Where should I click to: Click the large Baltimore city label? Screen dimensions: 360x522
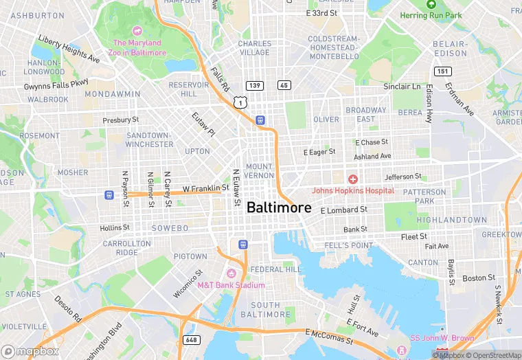(278, 207)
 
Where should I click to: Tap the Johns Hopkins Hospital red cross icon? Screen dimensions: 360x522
(352, 179)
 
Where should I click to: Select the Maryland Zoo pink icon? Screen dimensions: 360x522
(137, 31)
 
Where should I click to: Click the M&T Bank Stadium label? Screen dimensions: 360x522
(231, 285)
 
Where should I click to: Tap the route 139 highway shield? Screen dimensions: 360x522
(254, 85)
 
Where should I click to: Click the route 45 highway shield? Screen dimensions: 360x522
(284, 85)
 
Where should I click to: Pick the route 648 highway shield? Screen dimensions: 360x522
(191, 340)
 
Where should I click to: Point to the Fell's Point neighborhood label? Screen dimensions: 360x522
(350, 245)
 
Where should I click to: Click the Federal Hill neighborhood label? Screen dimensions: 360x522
(275, 269)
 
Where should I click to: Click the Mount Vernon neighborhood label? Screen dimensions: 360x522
(259, 171)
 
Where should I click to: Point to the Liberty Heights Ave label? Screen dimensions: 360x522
(69, 48)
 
